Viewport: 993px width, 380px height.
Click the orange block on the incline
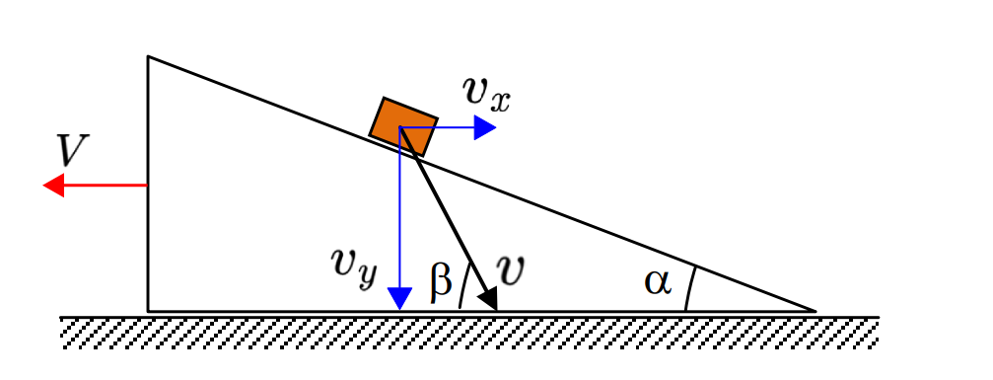[403, 127]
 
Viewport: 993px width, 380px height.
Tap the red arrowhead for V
[53, 186]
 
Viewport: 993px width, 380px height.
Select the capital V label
[72, 150]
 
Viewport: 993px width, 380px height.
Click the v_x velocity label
[486, 94]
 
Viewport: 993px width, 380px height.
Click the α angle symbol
[658, 282]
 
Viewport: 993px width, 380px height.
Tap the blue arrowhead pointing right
[484, 127]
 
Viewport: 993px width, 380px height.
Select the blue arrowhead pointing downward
[399, 298]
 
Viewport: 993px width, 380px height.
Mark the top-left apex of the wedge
[148, 56]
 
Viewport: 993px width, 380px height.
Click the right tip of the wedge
[816, 311]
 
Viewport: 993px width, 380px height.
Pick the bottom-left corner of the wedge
[148, 312]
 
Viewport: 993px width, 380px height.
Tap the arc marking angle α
[689, 289]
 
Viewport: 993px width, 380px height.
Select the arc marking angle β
[462, 287]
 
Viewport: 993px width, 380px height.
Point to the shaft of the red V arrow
[106, 186]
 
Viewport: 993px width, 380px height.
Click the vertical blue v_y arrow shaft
[399, 208]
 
